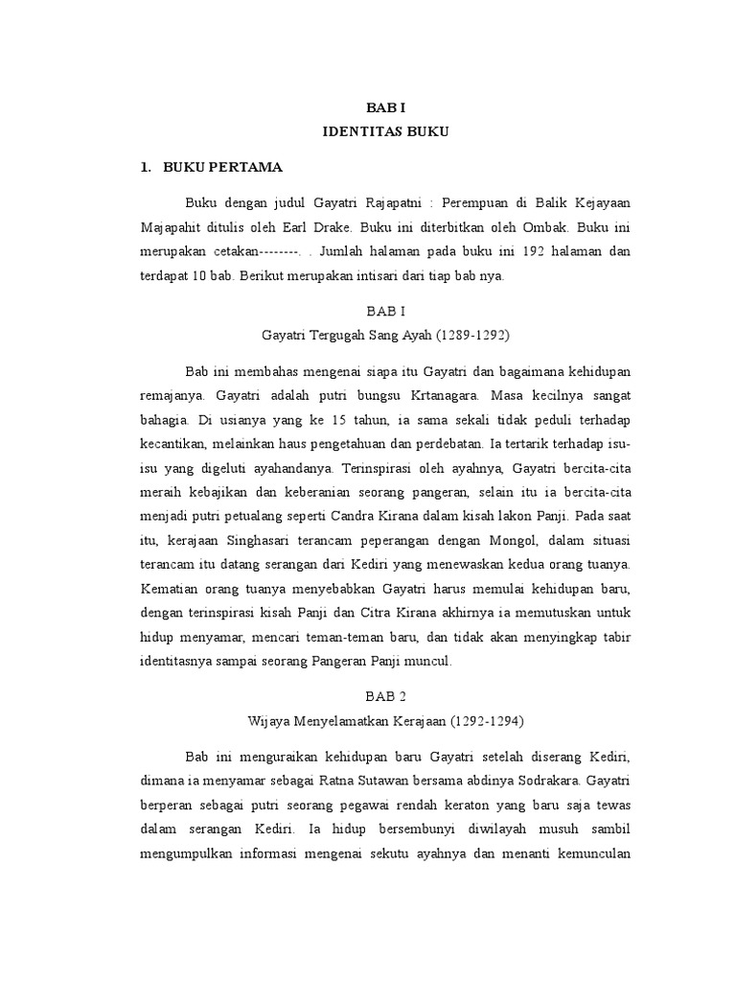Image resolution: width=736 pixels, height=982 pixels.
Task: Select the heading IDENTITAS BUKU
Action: tap(384, 131)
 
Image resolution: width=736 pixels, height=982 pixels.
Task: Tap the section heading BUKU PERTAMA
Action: tap(222, 167)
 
